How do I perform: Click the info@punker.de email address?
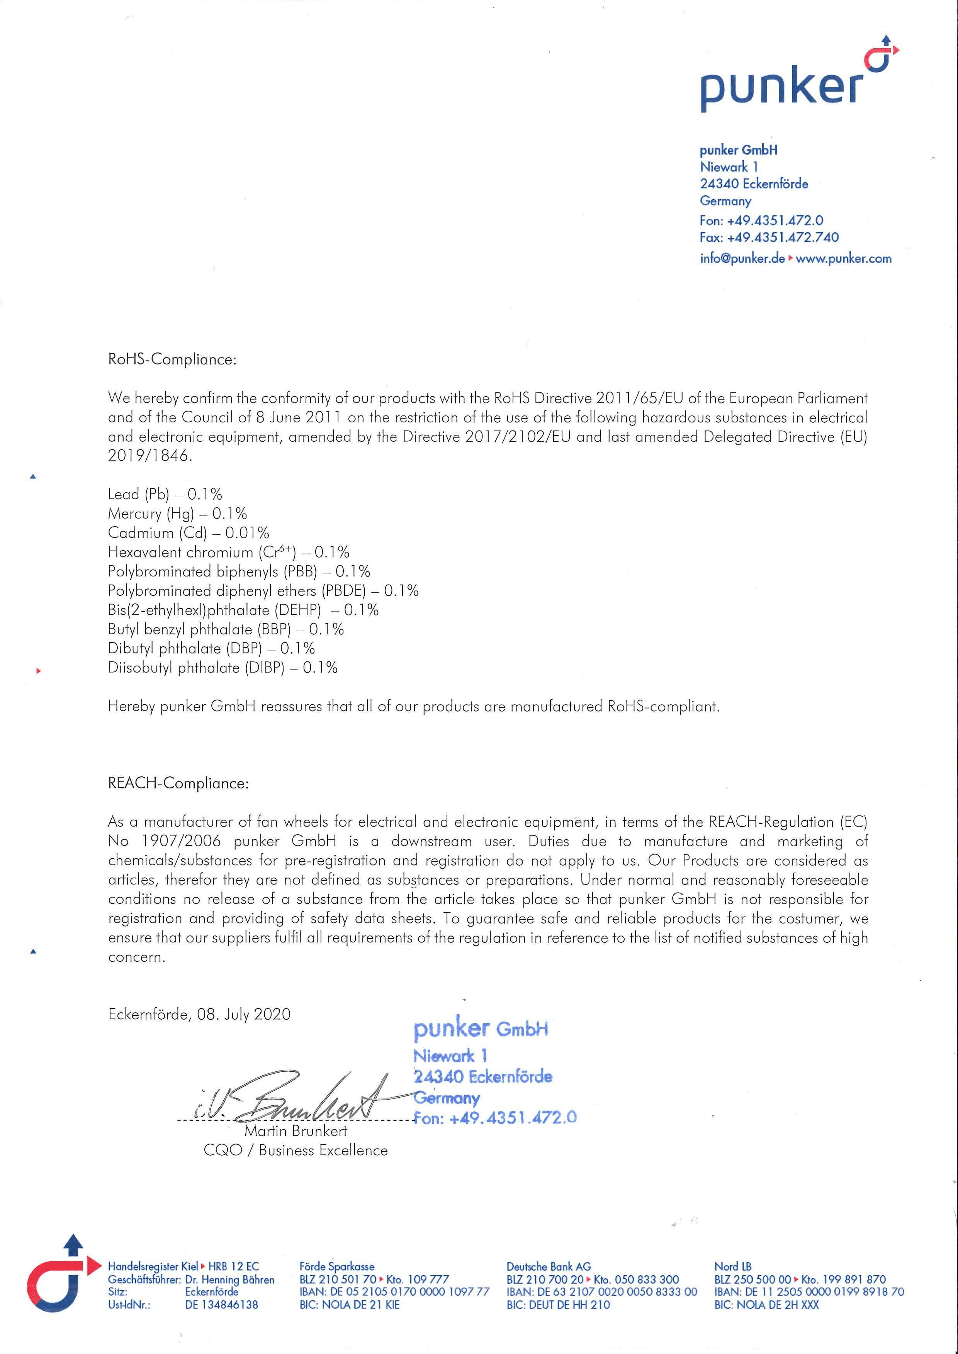pyautogui.click(x=742, y=258)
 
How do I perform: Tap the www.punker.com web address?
pyautogui.click(x=844, y=258)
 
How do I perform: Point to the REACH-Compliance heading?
pyautogui.click(x=178, y=783)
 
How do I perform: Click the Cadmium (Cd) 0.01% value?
pyautogui.click(x=247, y=533)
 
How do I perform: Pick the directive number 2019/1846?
pyautogui.click(x=149, y=456)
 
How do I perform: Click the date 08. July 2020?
pyautogui.click(x=244, y=1014)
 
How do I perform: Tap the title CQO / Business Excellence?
pyautogui.click(x=296, y=1151)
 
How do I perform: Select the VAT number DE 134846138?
pyautogui.click(x=221, y=1305)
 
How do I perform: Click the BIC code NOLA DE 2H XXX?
pyautogui.click(x=766, y=1305)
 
